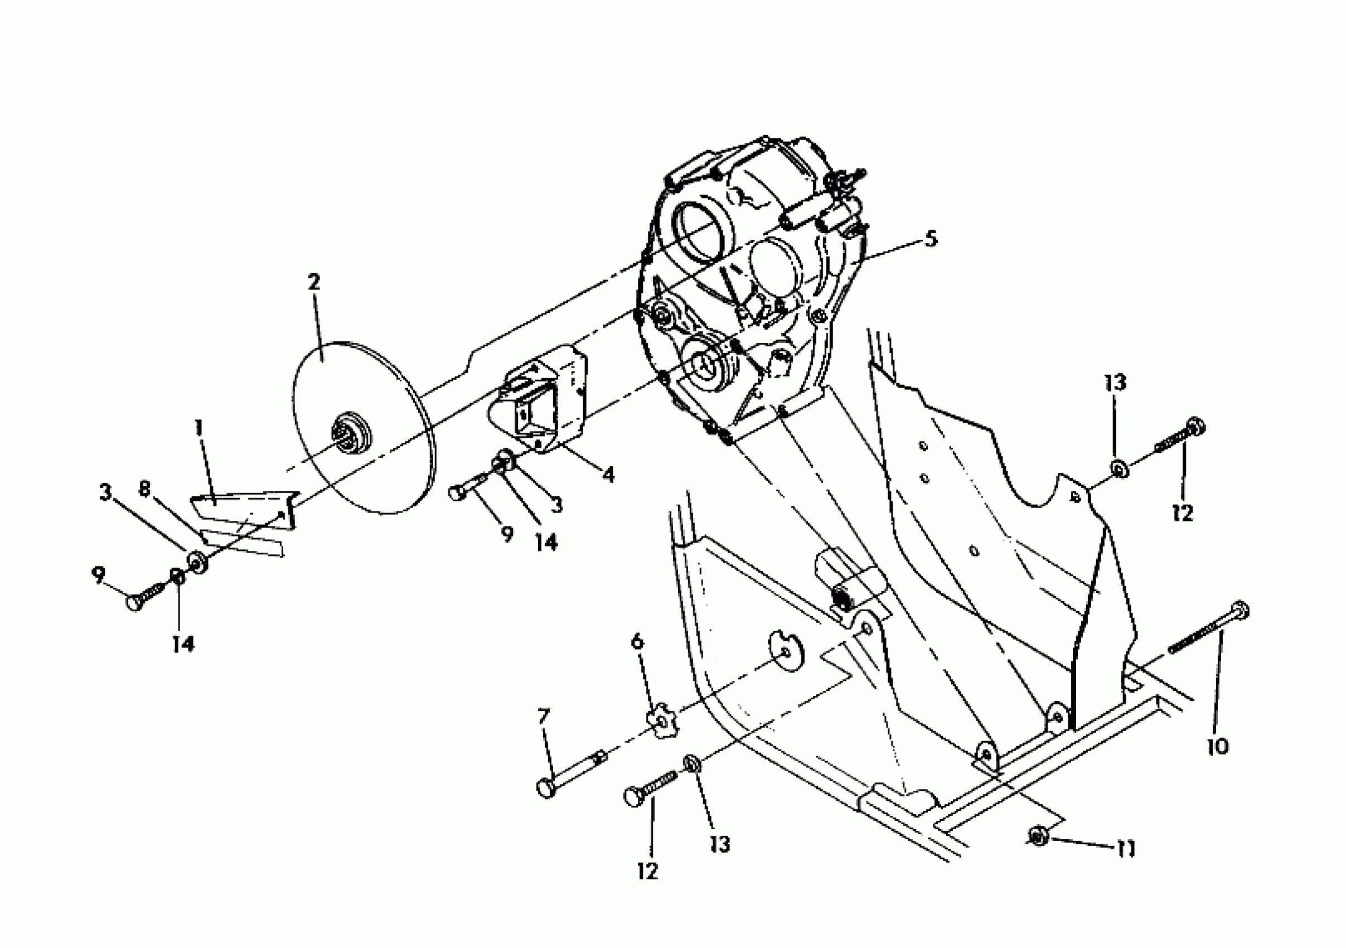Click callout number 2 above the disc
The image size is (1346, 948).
(314, 283)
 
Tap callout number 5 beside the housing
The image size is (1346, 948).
(931, 239)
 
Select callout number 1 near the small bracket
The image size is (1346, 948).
(199, 427)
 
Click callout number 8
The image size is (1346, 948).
(144, 488)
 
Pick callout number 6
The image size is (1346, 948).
(637, 642)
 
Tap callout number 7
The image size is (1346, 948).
(544, 717)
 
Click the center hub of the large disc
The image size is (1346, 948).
(353, 434)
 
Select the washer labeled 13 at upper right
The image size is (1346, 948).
(1119, 468)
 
